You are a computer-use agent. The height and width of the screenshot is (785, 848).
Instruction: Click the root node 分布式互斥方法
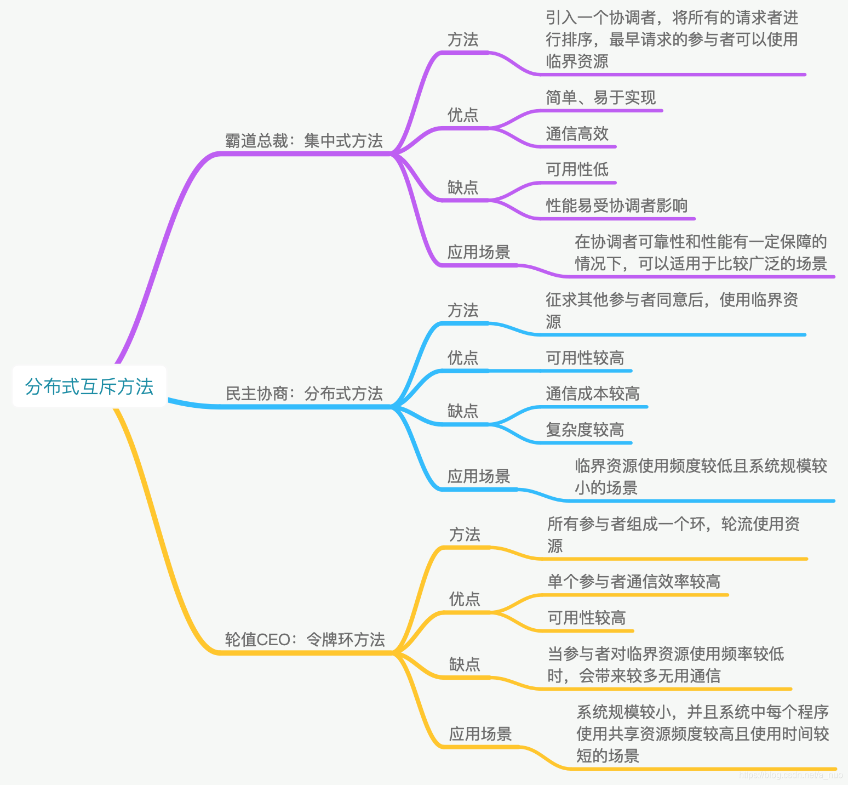89,386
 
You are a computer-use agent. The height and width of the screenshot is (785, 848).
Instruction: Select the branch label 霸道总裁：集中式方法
304,141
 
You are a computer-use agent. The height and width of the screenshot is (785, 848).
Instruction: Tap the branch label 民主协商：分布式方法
304,394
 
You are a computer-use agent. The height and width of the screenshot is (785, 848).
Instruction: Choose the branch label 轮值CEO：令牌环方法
305,639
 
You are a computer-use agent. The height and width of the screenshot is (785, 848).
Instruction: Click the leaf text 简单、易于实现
600,98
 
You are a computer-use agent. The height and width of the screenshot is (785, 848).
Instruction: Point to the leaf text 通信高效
577,134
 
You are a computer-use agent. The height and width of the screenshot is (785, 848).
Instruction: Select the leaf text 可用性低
577,169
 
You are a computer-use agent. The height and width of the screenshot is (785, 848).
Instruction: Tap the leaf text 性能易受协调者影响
616,206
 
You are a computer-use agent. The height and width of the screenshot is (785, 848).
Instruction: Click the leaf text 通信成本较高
592,394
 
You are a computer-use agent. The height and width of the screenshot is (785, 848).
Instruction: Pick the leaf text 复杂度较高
585,430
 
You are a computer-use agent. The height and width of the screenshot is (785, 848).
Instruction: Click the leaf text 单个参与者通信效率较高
634,582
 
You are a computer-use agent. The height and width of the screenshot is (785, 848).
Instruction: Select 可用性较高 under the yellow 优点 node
586,618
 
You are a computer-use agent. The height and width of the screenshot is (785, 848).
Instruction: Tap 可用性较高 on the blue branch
585,358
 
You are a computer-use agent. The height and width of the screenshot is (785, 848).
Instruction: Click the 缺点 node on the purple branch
463,187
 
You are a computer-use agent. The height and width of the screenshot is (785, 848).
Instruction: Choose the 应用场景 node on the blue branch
478,476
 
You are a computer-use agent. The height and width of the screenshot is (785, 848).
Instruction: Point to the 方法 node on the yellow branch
465,534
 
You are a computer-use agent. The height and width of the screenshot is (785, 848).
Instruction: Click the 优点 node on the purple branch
463,115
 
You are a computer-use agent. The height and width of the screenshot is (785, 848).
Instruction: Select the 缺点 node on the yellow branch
465,664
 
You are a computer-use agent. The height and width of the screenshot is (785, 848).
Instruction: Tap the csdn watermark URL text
790,775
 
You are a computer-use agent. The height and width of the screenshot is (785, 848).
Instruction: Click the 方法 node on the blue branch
463,310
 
